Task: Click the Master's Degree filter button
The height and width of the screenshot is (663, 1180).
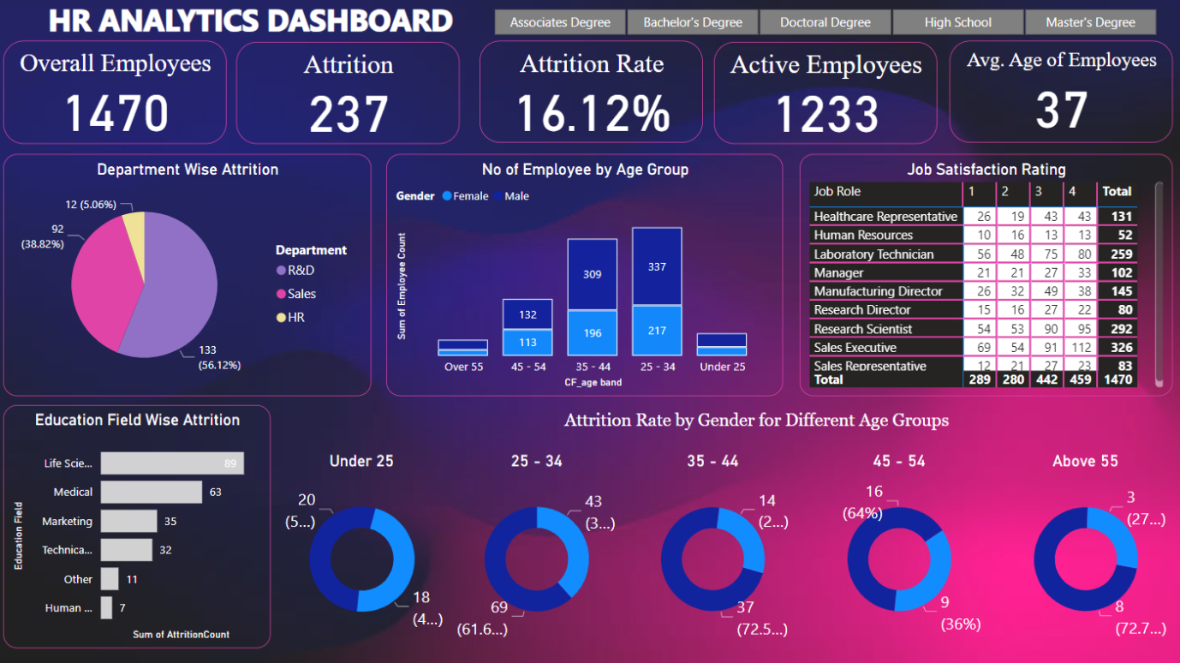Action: pyautogui.click(x=1090, y=22)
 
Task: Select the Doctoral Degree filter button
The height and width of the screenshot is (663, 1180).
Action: pyautogui.click(x=825, y=22)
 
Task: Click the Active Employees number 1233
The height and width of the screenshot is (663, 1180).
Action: pyautogui.click(x=826, y=115)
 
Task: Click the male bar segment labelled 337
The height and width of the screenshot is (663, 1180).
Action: pyautogui.click(x=657, y=266)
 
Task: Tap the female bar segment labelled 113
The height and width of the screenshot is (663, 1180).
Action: pyautogui.click(x=527, y=342)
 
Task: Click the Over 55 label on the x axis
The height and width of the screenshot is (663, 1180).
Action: pyautogui.click(x=463, y=367)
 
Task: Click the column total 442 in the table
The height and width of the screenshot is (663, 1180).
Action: pyautogui.click(x=1046, y=379)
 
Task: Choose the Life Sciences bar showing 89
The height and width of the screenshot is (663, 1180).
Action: pyautogui.click(x=171, y=463)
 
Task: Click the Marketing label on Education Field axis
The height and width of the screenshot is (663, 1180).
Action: pyautogui.click(x=67, y=521)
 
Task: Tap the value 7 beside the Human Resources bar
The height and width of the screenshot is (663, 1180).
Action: pyautogui.click(x=122, y=608)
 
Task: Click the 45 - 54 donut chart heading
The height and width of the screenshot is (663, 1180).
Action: pyautogui.click(x=899, y=461)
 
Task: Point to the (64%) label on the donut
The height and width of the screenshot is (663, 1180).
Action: pyautogui.click(x=862, y=513)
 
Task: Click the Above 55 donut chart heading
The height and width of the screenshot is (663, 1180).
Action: pyautogui.click(x=1085, y=461)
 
